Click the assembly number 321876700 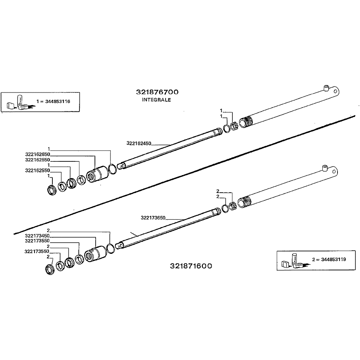157,92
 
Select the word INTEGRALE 156,100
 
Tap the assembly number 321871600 191,266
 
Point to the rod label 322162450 139,143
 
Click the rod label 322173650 153,218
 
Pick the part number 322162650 38,154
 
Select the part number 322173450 38,236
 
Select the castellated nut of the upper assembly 234,125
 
